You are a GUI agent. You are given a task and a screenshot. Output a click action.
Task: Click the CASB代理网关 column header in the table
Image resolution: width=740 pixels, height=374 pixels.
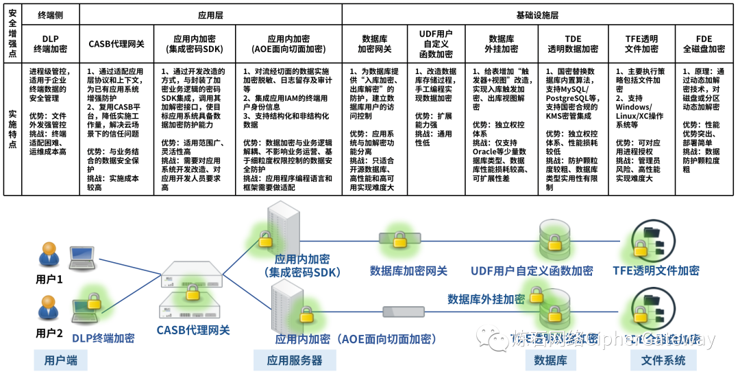(x=116, y=43)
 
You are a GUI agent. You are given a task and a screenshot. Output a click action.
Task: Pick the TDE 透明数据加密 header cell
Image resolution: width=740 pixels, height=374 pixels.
(x=572, y=43)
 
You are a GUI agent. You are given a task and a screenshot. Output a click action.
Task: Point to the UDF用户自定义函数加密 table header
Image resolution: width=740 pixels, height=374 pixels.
(x=435, y=43)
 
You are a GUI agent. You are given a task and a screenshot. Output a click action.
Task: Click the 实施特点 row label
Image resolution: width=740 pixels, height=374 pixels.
(x=12, y=129)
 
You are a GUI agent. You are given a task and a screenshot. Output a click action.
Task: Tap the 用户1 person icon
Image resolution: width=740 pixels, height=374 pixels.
(x=49, y=257)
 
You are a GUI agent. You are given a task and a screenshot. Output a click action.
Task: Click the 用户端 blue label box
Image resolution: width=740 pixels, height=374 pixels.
(x=61, y=360)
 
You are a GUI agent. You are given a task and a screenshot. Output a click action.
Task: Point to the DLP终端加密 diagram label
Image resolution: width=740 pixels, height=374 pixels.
(x=103, y=338)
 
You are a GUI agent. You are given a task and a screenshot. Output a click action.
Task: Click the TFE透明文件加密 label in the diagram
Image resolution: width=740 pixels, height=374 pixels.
(x=656, y=270)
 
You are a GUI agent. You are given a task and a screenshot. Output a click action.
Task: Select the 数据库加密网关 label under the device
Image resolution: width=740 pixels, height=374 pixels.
(x=408, y=270)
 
